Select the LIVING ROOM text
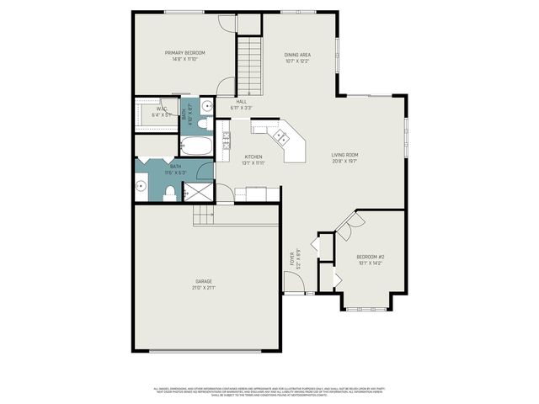[344, 155]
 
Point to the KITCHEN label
[253, 157]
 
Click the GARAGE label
[204, 281]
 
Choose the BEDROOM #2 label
[371, 256]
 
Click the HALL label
[241, 102]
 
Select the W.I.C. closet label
[162, 109]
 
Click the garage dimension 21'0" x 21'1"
[204, 288]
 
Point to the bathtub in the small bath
[197, 147]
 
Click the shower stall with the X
[198, 193]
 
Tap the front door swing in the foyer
[295, 284]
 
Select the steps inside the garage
[205, 218]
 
